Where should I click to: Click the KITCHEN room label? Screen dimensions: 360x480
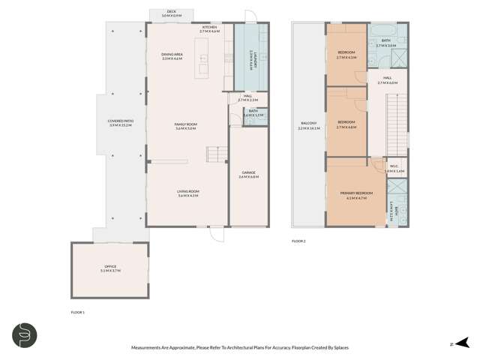[x=209, y=27]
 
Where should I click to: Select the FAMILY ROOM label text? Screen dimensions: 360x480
[x=186, y=125]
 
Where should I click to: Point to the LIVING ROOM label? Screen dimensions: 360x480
[x=187, y=191]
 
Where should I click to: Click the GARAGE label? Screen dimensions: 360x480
[x=248, y=173]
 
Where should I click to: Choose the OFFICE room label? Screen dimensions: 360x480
[x=110, y=268]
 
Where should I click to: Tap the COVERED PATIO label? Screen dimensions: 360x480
[x=121, y=122]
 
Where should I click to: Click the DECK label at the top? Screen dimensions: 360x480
[x=172, y=12]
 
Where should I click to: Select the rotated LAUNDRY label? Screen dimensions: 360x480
[x=251, y=58]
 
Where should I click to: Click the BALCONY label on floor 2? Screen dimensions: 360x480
[x=308, y=124]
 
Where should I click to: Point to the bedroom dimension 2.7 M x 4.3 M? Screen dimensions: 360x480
[x=346, y=57]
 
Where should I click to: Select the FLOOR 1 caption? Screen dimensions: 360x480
[x=77, y=311]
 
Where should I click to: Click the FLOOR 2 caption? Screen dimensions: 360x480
[x=298, y=241]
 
